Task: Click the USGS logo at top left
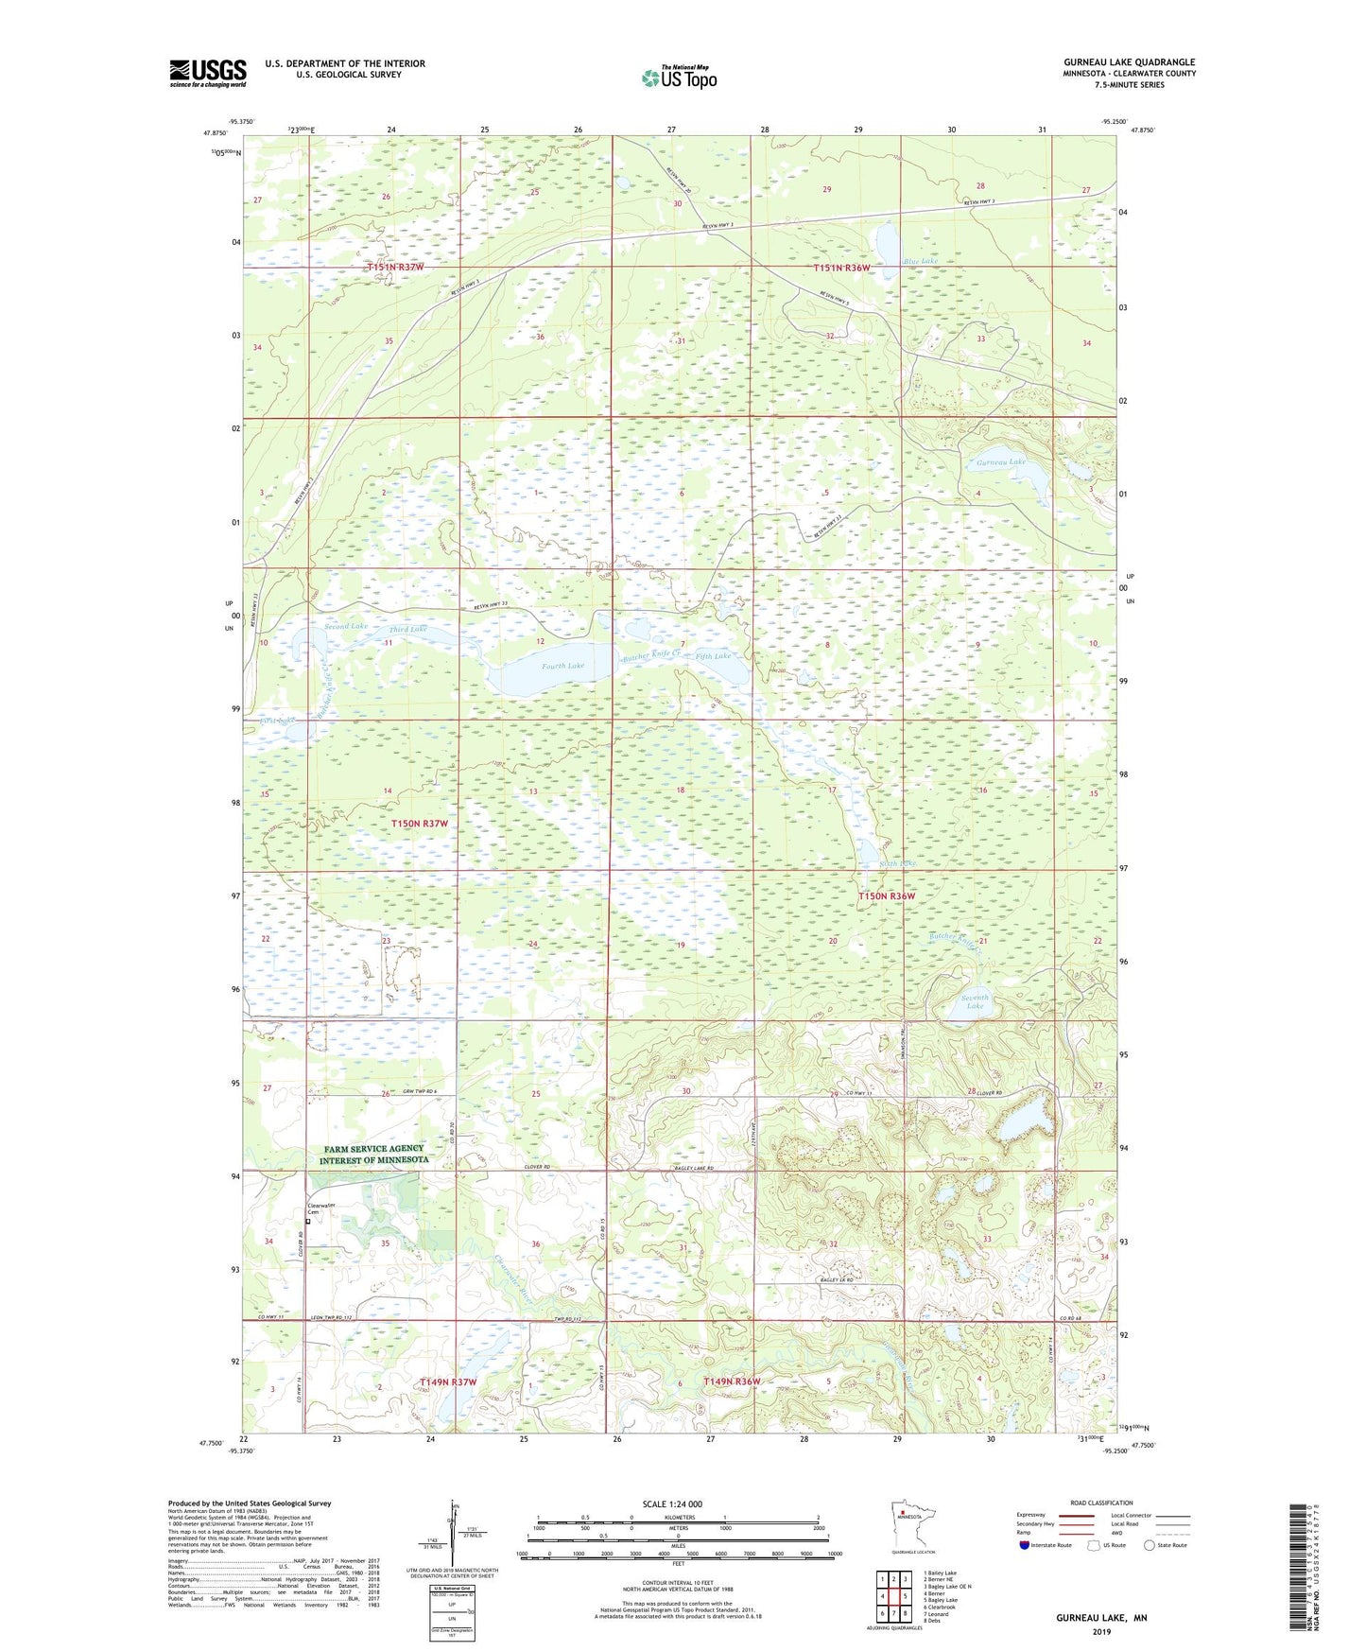coord(207,73)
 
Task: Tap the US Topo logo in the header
coord(678,78)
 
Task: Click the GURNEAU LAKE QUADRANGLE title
coord(1129,62)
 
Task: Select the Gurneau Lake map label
coord(1001,461)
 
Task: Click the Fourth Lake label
coord(562,666)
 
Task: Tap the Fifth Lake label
coord(714,656)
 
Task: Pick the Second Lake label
coord(345,626)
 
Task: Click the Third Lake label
coord(407,629)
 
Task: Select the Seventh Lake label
coord(975,1001)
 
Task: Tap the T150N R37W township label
coord(420,824)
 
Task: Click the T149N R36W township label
coord(732,1382)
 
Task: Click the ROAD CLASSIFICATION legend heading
coord(1101,1503)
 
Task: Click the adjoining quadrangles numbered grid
coord(893,1598)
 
